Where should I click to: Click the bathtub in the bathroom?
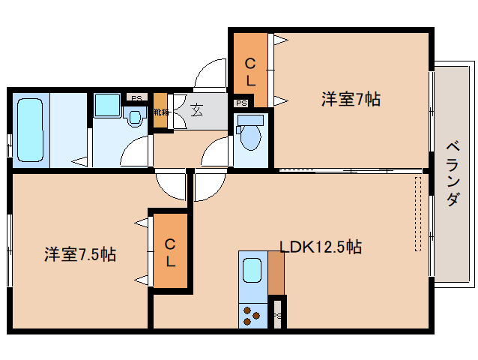[30, 131]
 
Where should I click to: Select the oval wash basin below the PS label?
[135, 118]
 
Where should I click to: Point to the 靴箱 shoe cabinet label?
[160, 112]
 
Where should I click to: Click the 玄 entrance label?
[196, 110]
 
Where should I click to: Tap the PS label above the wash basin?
[136, 97]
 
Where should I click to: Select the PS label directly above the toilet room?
[241, 103]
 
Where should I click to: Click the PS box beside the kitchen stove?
[277, 316]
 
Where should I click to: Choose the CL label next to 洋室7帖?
[251, 68]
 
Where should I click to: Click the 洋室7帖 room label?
[351, 98]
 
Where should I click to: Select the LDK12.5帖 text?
[321, 246]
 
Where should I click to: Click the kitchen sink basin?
[252, 269]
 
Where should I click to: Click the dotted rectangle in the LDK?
[418, 214]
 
